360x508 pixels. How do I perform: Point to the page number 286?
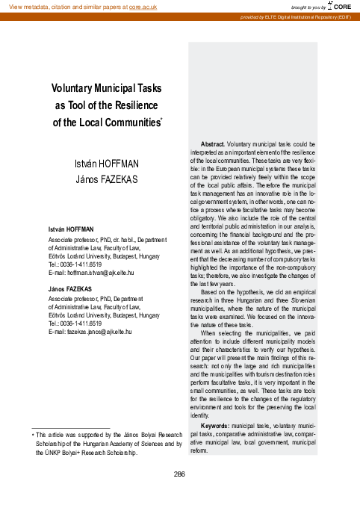click(179, 474)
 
